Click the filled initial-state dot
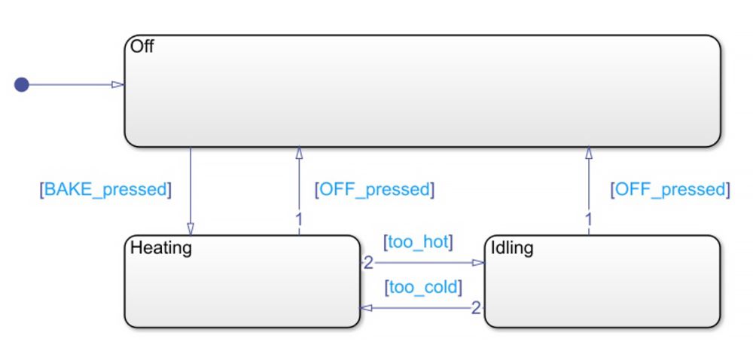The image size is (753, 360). pos(22,84)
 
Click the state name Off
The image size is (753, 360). pos(142,47)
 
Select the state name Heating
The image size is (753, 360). pos(161,247)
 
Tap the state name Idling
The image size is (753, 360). pos(512,247)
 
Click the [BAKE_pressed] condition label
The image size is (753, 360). pos(105,189)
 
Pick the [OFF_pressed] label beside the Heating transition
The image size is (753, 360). pos(374,189)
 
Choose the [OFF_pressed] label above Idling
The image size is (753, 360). pos(670,189)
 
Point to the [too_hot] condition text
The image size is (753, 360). pos(418,243)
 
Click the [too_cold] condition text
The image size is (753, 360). pos(422,287)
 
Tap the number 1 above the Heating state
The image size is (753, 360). pos(299,220)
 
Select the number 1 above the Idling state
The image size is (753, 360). pos(589,220)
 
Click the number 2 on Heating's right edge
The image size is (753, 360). pos(368,263)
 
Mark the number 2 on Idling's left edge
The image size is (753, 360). pos(475,307)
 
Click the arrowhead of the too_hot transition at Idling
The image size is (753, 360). pos(479,263)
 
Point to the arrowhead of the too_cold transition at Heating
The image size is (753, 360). pos(367,307)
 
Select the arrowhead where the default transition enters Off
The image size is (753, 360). pos(118,84)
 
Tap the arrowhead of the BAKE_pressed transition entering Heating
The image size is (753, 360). pos(191,228)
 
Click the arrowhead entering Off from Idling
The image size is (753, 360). pos(589,153)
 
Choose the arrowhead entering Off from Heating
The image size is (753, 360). pos(299,153)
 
